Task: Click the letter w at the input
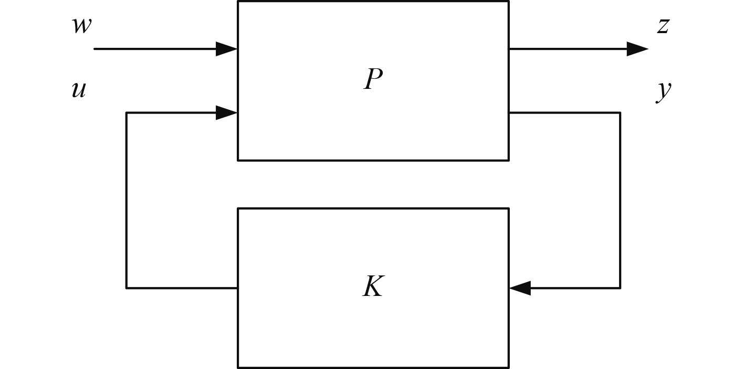81,26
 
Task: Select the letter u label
79,90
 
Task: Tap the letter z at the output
663,26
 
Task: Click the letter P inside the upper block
373,80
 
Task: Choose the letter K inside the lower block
373,287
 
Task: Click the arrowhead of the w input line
227,49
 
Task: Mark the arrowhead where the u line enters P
227,112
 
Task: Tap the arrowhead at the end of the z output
637,49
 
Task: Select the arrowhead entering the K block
520,288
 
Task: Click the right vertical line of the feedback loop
620,200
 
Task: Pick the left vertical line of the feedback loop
127,200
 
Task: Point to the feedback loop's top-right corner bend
620,112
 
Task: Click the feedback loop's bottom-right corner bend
620,288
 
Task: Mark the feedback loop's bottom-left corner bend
127,288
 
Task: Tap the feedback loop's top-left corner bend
127,112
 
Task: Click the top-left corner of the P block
238,2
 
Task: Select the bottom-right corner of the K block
508,367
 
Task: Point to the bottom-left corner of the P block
238,160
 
